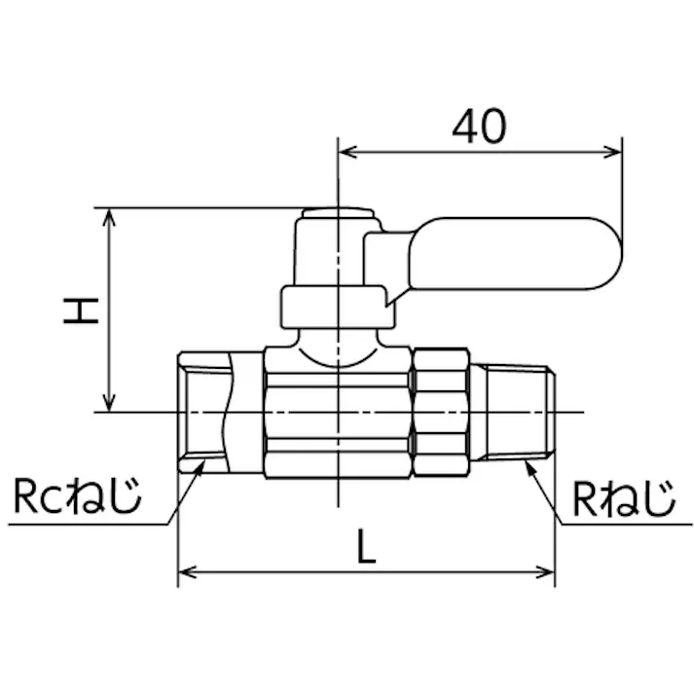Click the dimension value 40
click(479, 127)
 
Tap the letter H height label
click(81, 311)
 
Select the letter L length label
click(366, 546)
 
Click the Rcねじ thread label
click(78, 496)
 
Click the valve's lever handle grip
click(516, 254)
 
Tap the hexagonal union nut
click(441, 412)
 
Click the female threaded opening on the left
click(203, 413)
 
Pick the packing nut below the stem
click(338, 308)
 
